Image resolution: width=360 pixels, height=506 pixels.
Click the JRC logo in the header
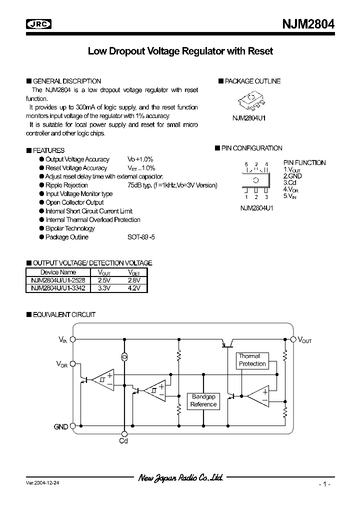click(x=39, y=23)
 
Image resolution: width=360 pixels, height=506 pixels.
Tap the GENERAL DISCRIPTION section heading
click(x=66, y=81)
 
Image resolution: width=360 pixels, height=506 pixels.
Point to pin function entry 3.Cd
click(x=291, y=183)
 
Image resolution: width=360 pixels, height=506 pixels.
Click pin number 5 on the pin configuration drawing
click(x=246, y=164)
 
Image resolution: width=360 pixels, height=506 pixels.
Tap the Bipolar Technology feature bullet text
click(x=70, y=228)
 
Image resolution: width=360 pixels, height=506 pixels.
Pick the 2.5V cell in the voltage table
click(x=104, y=280)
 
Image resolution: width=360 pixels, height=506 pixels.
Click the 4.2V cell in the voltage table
click(x=133, y=288)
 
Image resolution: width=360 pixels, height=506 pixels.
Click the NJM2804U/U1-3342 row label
click(x=57, y=288)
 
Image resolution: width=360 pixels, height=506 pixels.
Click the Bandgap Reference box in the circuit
click(x=203, y=400)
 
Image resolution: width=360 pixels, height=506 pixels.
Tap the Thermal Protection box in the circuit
click(x=252, y=360)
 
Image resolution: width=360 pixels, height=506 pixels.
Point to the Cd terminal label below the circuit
click(x=123, y=440)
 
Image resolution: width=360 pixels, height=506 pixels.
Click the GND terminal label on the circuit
click(x=60, y=426)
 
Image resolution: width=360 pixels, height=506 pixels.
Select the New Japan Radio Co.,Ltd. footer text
click(x=180, y=478)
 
